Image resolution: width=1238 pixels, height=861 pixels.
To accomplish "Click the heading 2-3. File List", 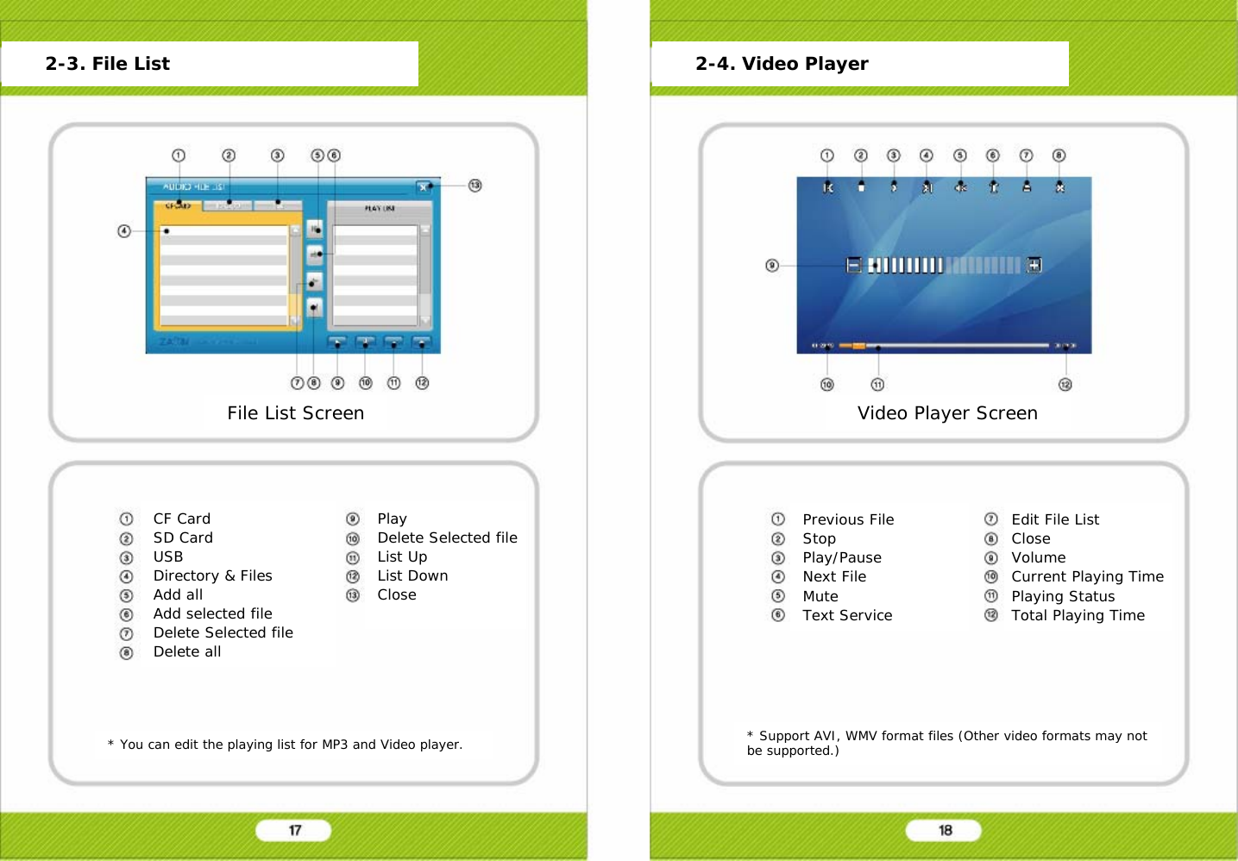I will (x=107, y=64).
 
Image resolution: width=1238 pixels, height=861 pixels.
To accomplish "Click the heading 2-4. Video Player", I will (x=782, y=64).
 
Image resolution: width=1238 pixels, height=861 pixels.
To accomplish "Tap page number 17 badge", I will (x=294, y=830).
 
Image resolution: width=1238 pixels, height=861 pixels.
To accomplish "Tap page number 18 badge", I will (x=945, y=830).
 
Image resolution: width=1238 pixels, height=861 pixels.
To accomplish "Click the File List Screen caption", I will (x=295, y=413).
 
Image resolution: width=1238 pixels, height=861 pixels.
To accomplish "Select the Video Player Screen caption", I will (x=947, y=413).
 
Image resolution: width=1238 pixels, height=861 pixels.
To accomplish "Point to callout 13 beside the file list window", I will (x=474, y=185).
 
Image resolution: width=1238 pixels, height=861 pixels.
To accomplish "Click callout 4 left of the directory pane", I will (x=124, y=231).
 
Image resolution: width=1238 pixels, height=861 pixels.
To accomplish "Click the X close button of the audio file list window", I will (x=423, y=187).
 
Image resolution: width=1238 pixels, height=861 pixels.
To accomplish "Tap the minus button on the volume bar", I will (x=853, y=265).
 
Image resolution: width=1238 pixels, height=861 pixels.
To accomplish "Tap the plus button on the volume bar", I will (x=1034, y=265).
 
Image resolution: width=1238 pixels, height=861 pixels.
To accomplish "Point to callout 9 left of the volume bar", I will (x=772, y=266).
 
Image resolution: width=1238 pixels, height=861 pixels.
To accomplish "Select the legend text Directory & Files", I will (x=212, y=575).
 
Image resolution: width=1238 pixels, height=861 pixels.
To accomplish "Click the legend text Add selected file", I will (x=212, y=613).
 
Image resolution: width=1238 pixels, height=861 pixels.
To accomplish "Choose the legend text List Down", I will (x=412, y=575).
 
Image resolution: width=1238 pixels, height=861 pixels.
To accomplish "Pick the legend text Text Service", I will (x=847, y=615).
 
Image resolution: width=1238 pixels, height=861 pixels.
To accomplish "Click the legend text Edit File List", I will (x=1055, y=519).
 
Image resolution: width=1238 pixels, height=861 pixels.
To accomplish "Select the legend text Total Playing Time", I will (x=1078, y=615).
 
